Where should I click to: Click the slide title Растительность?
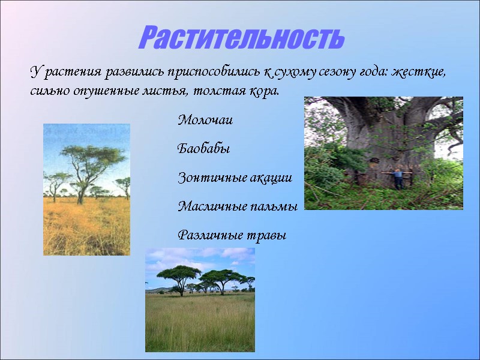tap(242, 38)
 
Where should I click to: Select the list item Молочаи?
tap(205, 121)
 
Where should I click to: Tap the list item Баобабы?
tap(204, 149)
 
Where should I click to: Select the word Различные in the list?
tap(207, 236)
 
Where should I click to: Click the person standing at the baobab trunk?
tap(396, 178)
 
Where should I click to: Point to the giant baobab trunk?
tap(384, 138)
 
